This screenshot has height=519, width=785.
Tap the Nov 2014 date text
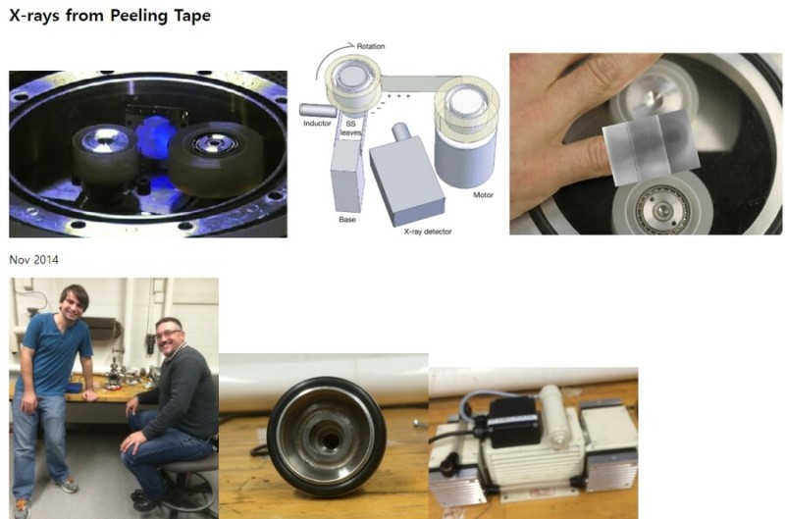pos(33,260)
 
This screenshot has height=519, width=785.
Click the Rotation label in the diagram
pos(371,46)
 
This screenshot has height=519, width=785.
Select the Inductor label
pos(317,123)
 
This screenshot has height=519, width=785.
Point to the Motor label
pos(483,194)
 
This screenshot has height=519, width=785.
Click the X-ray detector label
pos(428,232)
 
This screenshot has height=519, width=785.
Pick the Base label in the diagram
pos(347,219)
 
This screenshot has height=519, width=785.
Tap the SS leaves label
pos(350,129)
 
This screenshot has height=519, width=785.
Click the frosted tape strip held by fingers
pos(650,146)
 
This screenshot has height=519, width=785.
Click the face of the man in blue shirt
pos(75,304)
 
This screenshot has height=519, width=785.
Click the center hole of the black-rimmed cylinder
pos(330,441)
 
